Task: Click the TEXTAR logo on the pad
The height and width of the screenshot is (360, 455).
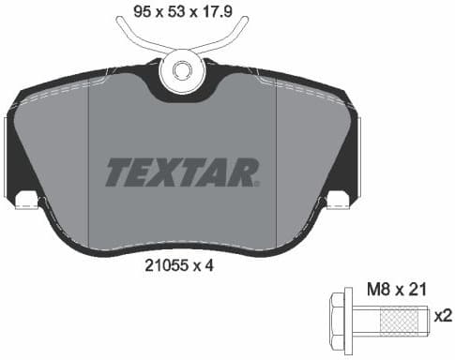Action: point(182,172)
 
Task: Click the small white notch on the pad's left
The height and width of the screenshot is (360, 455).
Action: point(26,199)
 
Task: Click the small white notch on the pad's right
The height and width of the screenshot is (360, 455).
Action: point(338,199)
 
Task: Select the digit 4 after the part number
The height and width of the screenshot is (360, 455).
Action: point(211,265)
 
